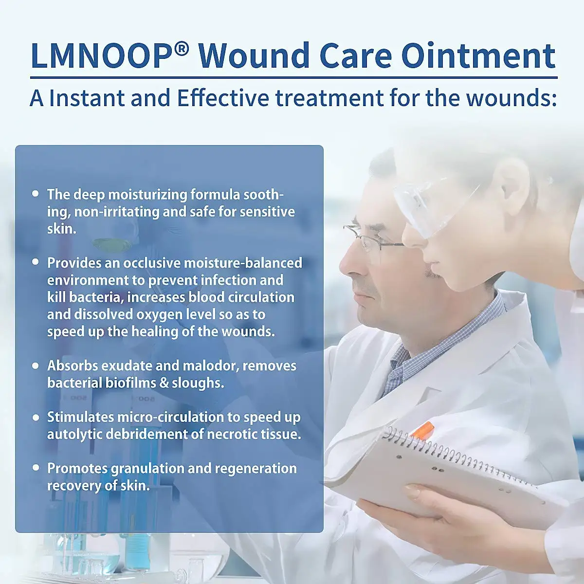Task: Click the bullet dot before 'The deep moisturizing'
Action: (x=35, y=193)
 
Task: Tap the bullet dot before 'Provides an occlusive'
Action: (x=35, y=262)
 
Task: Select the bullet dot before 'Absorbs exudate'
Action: (x=35, y=365)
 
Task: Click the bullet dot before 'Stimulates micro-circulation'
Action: (x=35, y=417)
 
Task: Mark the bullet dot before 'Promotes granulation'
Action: (x=35, y=468)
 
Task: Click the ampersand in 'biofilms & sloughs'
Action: (x=164, y=383)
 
